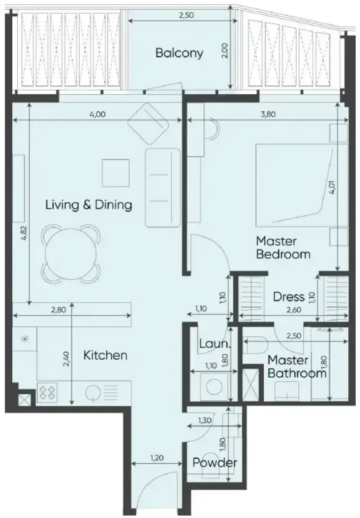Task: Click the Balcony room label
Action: (x=179, y=53)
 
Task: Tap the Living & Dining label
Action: (x=89, y=205)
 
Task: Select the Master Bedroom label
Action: (x=283, y=247)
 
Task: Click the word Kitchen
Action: (x=105, y=356)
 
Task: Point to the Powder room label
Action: (x=215, y=462)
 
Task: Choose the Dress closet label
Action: (x=288, y=297)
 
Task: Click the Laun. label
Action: (x=214, y=344)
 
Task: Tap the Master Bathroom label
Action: (x=297, y=366)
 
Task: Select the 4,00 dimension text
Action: (x=98, y=114)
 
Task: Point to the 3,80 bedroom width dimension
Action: (x=269, y=114)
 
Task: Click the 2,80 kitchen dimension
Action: (x=58, y=310)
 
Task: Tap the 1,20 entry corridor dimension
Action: (x=157, y=458)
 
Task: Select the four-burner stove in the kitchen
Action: (x=47, y=392)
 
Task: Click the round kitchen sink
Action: (x=92, y=393)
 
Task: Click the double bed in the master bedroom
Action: (x=302, y=186)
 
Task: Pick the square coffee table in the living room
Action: (x=115, y=173)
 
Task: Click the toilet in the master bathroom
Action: (x=256, y=345)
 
